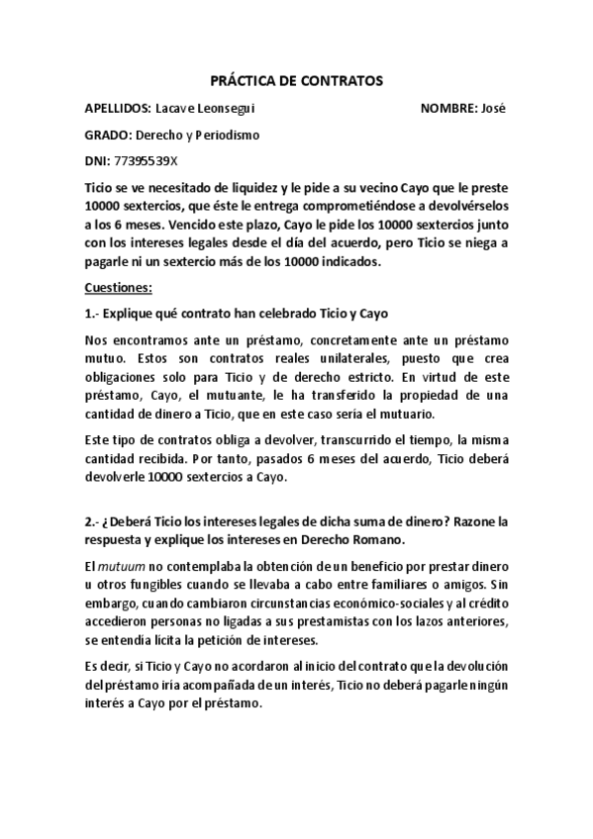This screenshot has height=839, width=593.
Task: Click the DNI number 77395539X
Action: point(146,160)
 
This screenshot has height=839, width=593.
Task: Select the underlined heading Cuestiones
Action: point(118,288)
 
